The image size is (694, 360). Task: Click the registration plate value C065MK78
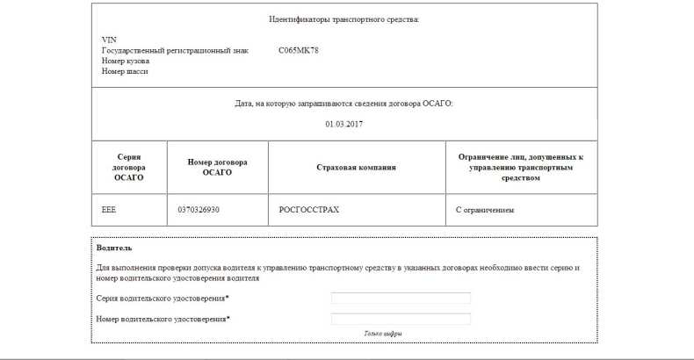coord(298,50)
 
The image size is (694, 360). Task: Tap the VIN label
coord(109,40)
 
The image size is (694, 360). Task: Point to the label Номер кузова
coord(126,61)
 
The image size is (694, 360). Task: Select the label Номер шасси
coord(125,71)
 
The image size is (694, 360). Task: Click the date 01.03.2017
coord(343,124)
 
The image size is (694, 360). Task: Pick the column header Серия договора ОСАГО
coord(127,167)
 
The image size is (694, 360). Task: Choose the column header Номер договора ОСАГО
coord(217,167)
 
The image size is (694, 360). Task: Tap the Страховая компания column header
coord(356,167)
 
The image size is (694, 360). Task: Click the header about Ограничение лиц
coord(521,167)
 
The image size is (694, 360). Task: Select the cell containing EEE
coord(109,211)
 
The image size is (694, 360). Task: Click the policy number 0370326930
coord(198,211)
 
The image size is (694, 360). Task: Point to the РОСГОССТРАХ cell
coord(308,211)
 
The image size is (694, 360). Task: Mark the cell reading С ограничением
coord(485,211)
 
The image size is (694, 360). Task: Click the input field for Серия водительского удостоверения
coord(401,299)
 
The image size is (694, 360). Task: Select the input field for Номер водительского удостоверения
coord(401,319)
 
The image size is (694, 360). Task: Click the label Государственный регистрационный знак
coord(175,50)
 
